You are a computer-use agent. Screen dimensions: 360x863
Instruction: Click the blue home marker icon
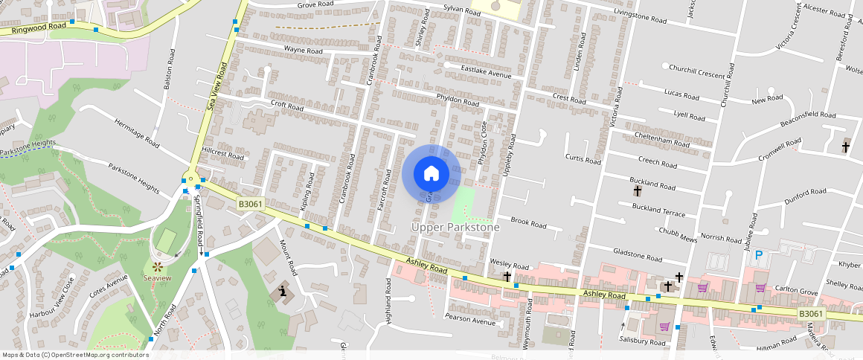click(x=431, y=173)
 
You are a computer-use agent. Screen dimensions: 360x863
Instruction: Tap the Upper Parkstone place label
click(x=455, y=227)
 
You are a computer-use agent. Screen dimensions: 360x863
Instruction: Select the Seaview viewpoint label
click(x=157, y=278)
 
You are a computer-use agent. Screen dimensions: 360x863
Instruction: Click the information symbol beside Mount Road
click(x=282, y=291)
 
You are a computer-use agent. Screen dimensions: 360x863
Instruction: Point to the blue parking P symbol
click(x=758, y=255)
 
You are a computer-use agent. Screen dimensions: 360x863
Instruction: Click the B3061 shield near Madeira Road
click(x=811, y=314)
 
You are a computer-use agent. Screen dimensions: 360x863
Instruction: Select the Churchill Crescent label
click(x=696, y=74)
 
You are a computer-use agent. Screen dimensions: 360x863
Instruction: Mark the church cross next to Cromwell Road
click(x=845, y=147)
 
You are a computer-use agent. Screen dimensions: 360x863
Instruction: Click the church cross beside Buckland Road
click(x=638, y=191)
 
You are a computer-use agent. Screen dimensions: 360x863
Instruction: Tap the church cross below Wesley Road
click(x=507, y=277)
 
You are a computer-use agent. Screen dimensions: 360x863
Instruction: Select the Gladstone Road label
click(x=637, y=257)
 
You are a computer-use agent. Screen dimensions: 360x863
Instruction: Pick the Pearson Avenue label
click(x=469, y=322)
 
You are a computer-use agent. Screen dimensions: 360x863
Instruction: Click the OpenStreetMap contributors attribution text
click(x=76, y=355)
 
